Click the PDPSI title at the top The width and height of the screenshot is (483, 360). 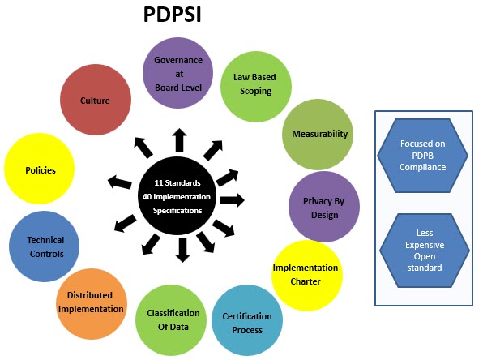pos(172,14)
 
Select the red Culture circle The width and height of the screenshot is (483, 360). pos(96,100)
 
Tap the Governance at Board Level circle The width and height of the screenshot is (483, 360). pos(177,73)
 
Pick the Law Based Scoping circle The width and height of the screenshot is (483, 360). pos(255,87)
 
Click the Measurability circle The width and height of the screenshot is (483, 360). pos(318,135)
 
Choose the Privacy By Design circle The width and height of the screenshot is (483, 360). pos(324,207)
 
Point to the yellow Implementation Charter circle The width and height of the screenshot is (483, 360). pos(307,276)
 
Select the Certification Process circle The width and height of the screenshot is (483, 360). pos(247,320)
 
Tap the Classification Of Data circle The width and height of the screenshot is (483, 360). pos(171,320)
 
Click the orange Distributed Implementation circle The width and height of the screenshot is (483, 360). pos(92,304)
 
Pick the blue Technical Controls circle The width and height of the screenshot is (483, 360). pos(44,246)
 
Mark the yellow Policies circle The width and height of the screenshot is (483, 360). pos(40,169)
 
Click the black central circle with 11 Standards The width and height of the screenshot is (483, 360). pos(177,196)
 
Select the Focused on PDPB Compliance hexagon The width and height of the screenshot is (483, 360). pos(423,156)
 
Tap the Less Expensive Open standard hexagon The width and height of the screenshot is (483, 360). pos(425,251)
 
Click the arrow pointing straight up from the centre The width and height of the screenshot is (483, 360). pos(180,140)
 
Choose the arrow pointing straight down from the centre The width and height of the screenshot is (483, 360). pos(183,251)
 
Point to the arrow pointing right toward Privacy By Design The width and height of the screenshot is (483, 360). pos(233,200)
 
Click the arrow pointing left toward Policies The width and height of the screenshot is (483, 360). pos(119,182)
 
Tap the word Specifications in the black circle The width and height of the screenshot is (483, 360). pos(177,211)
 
